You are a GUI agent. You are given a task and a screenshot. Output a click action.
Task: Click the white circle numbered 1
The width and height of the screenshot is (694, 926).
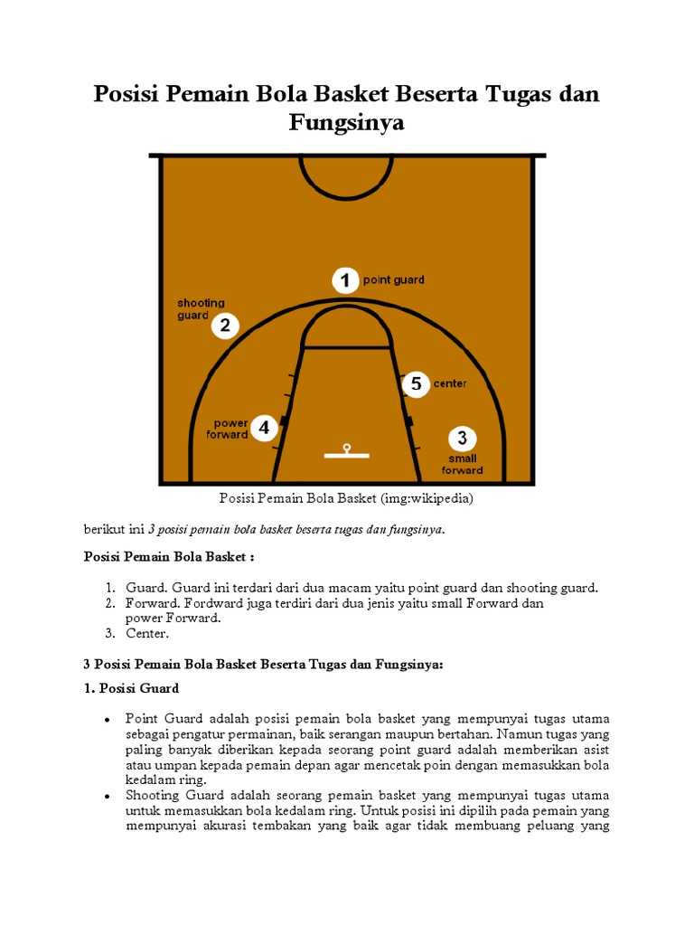coord(344,281)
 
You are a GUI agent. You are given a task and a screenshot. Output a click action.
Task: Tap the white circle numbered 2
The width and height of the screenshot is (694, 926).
coord(226,326)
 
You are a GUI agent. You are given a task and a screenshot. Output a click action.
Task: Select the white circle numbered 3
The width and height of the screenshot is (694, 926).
coord(462,439)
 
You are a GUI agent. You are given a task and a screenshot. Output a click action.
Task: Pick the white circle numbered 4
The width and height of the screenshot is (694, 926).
coord(263,428)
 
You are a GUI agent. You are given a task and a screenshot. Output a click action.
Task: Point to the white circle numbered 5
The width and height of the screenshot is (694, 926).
coord(415,383)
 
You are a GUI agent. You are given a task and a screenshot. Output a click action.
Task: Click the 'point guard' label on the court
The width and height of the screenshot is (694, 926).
coord(393,280)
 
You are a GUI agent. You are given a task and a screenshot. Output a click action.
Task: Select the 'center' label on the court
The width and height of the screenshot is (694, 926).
coord(450,383)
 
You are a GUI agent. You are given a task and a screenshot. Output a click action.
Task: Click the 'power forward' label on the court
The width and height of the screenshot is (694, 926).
coord(228,429)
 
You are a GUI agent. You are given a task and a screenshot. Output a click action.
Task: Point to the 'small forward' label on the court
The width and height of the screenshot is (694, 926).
coord(462,464)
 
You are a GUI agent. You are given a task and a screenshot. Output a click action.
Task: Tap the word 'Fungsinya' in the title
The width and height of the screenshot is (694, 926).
coord(346,123)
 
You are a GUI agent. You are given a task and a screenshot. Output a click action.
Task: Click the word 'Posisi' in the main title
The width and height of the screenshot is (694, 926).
coord(127,93)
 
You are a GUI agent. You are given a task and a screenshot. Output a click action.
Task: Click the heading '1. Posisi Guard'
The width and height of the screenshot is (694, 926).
coord(132,688)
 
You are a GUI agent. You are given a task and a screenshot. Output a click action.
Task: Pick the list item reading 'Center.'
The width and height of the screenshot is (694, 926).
coord(147,633)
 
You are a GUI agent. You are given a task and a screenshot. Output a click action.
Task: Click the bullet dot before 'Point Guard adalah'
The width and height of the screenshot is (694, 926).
coord(107,719)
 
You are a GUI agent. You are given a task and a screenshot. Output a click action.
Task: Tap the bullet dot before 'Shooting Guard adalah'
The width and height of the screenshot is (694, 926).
coord(107,796)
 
